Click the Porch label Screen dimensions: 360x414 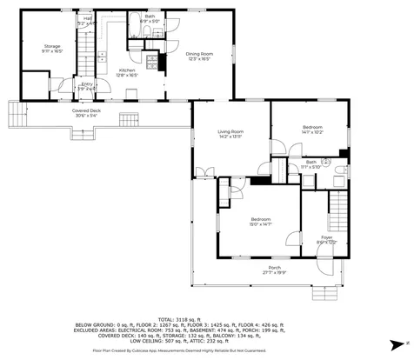274,269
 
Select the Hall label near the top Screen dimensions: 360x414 88,20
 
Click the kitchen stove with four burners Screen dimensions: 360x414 152,62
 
